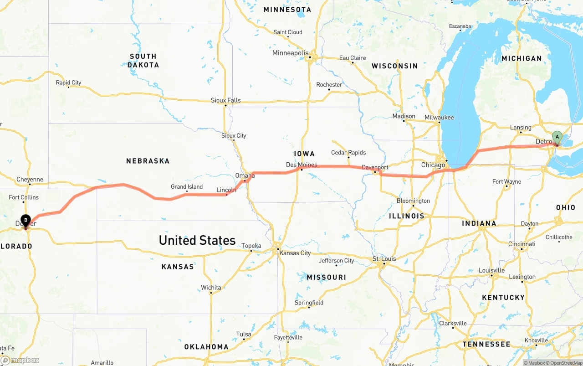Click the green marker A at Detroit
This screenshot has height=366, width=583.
point(557,137)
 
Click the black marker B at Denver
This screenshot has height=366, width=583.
point(26,221)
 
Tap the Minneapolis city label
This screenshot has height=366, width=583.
point(290,53)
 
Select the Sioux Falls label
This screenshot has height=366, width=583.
point(225,100)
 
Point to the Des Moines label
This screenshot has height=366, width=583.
point(302,165)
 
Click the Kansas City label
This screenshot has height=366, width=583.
point(295,253)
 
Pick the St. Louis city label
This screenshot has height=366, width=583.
point(384,259)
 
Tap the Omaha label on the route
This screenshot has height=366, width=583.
point(245,175)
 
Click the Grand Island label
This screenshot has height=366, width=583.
point(187,186)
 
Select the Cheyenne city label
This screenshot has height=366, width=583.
point(30,180)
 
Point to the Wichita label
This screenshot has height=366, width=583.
point(211,288)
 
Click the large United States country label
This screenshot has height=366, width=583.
point(197,240)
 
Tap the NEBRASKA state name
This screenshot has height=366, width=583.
point(148,161)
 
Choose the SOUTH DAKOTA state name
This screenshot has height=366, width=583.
point(143,61)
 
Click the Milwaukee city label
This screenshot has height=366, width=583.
point(439,117)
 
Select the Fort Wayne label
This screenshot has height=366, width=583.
point(506,181)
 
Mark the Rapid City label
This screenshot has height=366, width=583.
point(68,82)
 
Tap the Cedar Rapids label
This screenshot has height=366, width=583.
point(348,153)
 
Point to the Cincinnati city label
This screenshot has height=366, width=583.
point(522,244)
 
